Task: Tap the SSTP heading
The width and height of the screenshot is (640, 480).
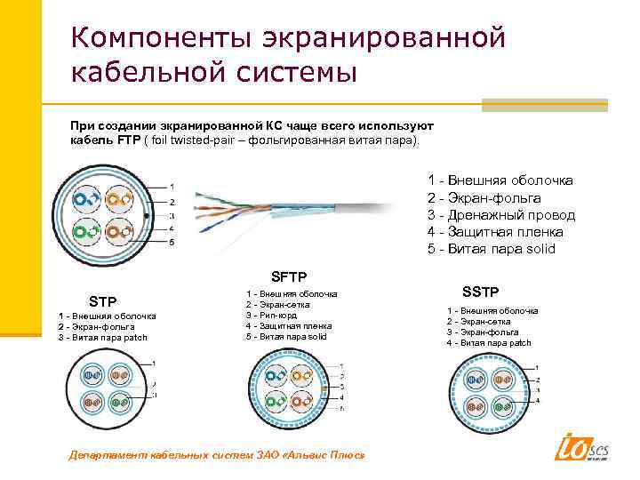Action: tap(481, 292)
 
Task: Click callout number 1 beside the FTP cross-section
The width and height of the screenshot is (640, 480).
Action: tap(172, 187)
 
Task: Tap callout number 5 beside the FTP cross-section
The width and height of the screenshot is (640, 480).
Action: tap(172, 242)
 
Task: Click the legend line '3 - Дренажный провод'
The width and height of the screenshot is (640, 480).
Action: tap(501, 215)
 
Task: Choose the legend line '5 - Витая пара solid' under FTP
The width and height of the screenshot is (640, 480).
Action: tap(491, 249)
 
